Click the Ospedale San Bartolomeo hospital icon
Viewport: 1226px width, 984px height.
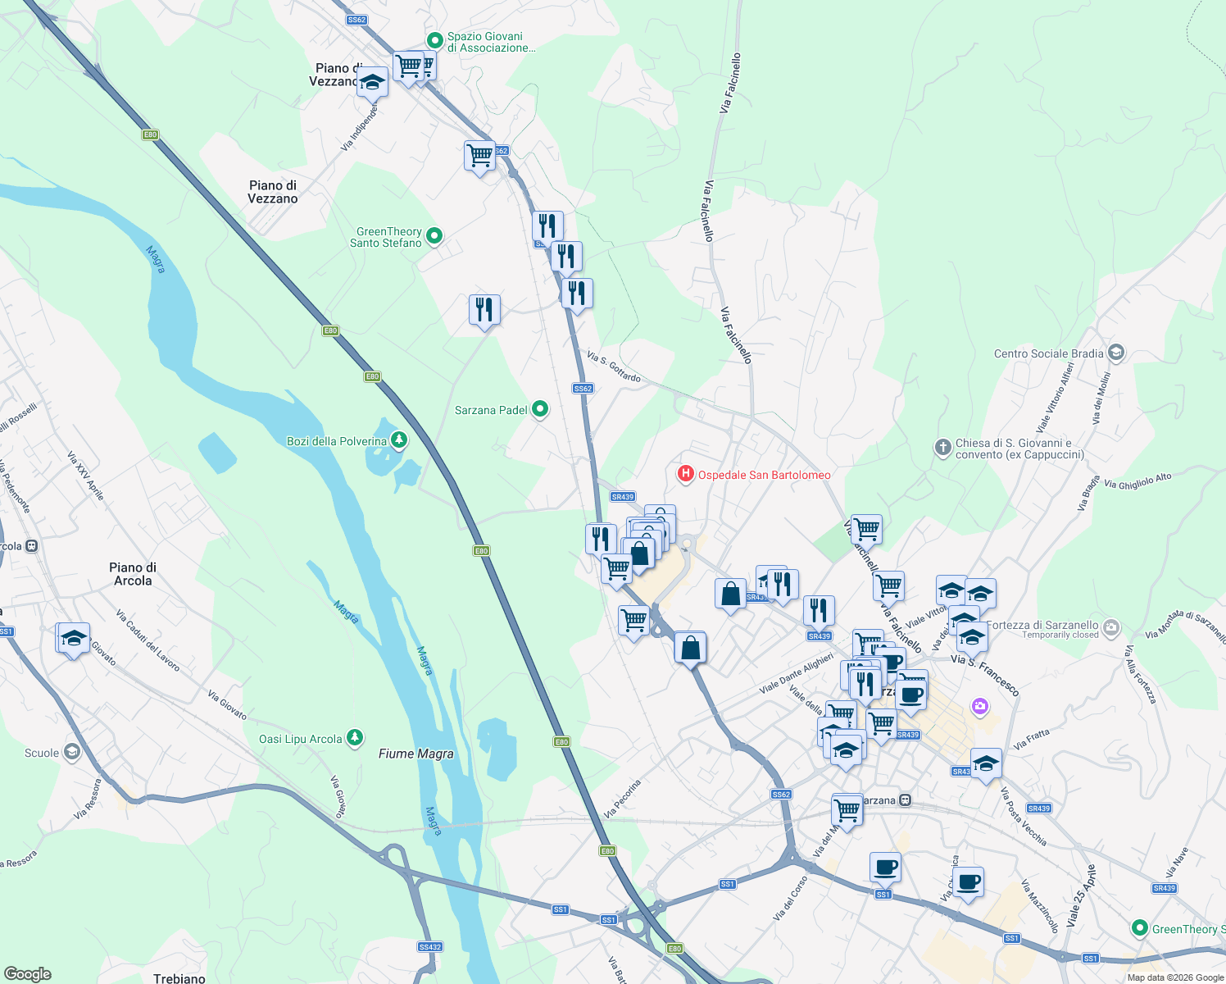[685, 474]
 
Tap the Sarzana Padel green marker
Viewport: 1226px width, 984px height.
[539, 408]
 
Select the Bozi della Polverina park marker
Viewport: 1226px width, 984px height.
[398, 441]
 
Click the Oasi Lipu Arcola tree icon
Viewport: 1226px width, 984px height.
[354, 739]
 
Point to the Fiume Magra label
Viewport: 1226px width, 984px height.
[416, 754]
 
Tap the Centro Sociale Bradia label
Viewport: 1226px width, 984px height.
[1048, 353]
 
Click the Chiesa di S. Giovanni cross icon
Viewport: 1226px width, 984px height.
[942, 448]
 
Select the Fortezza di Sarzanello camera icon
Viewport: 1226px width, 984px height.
[1111, 628]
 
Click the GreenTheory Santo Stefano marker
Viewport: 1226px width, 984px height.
[434, 236]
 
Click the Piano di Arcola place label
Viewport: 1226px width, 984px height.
[133, 574]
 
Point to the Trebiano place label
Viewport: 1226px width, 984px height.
[179, 977]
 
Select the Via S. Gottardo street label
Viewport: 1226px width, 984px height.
[614, 367]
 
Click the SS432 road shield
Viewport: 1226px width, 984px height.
[429, 947]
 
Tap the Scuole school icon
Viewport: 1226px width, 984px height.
[72, 753]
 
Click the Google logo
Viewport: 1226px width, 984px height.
[28, 974]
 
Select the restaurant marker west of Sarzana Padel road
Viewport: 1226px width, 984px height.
[484, 310]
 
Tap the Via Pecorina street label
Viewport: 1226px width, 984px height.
[622, 799]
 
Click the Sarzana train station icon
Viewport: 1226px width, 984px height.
[905, 800]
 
